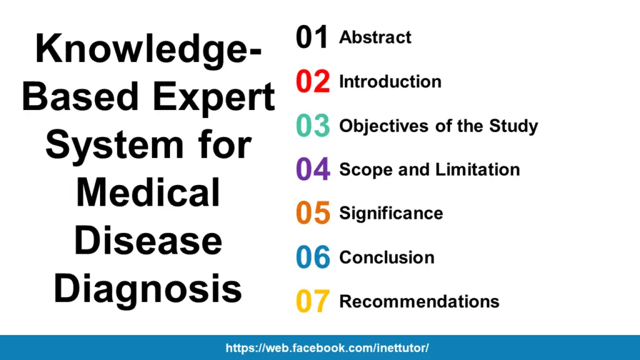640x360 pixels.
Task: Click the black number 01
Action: pyautogui.click(x=312, y=38)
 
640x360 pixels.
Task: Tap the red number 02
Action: pyautogui.click(x=312, y=82)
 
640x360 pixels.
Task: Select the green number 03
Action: pyautogui.click(x=312, y=126)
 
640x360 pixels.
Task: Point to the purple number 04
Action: pyautogui.click(x=312, y=170)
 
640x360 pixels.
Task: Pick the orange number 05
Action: pyautogui.click(x=312, y=214)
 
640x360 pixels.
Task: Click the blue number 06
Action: pyautogui.click(x=312, y=257)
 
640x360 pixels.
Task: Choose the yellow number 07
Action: pyautogui.click(x=312, y=302)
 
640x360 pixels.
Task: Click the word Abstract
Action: pyautogui.click(x=375, y=37)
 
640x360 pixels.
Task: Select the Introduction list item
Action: pyautogui.click(x=390, y=82)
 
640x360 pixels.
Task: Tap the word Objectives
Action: pyautogui.click(x=381, y=126)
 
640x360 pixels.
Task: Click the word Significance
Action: pyautogui.click(x=391, y=213)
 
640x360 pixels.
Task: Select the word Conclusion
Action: pyautogui.click(x=386, y=257)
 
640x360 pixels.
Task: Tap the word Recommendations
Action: pyautogui.click(x=419, y=301)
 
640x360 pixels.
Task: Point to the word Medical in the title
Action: pyautogui.click(x=148, y=192)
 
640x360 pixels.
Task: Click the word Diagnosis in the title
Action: pyautogui.click(x=148, y=288)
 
